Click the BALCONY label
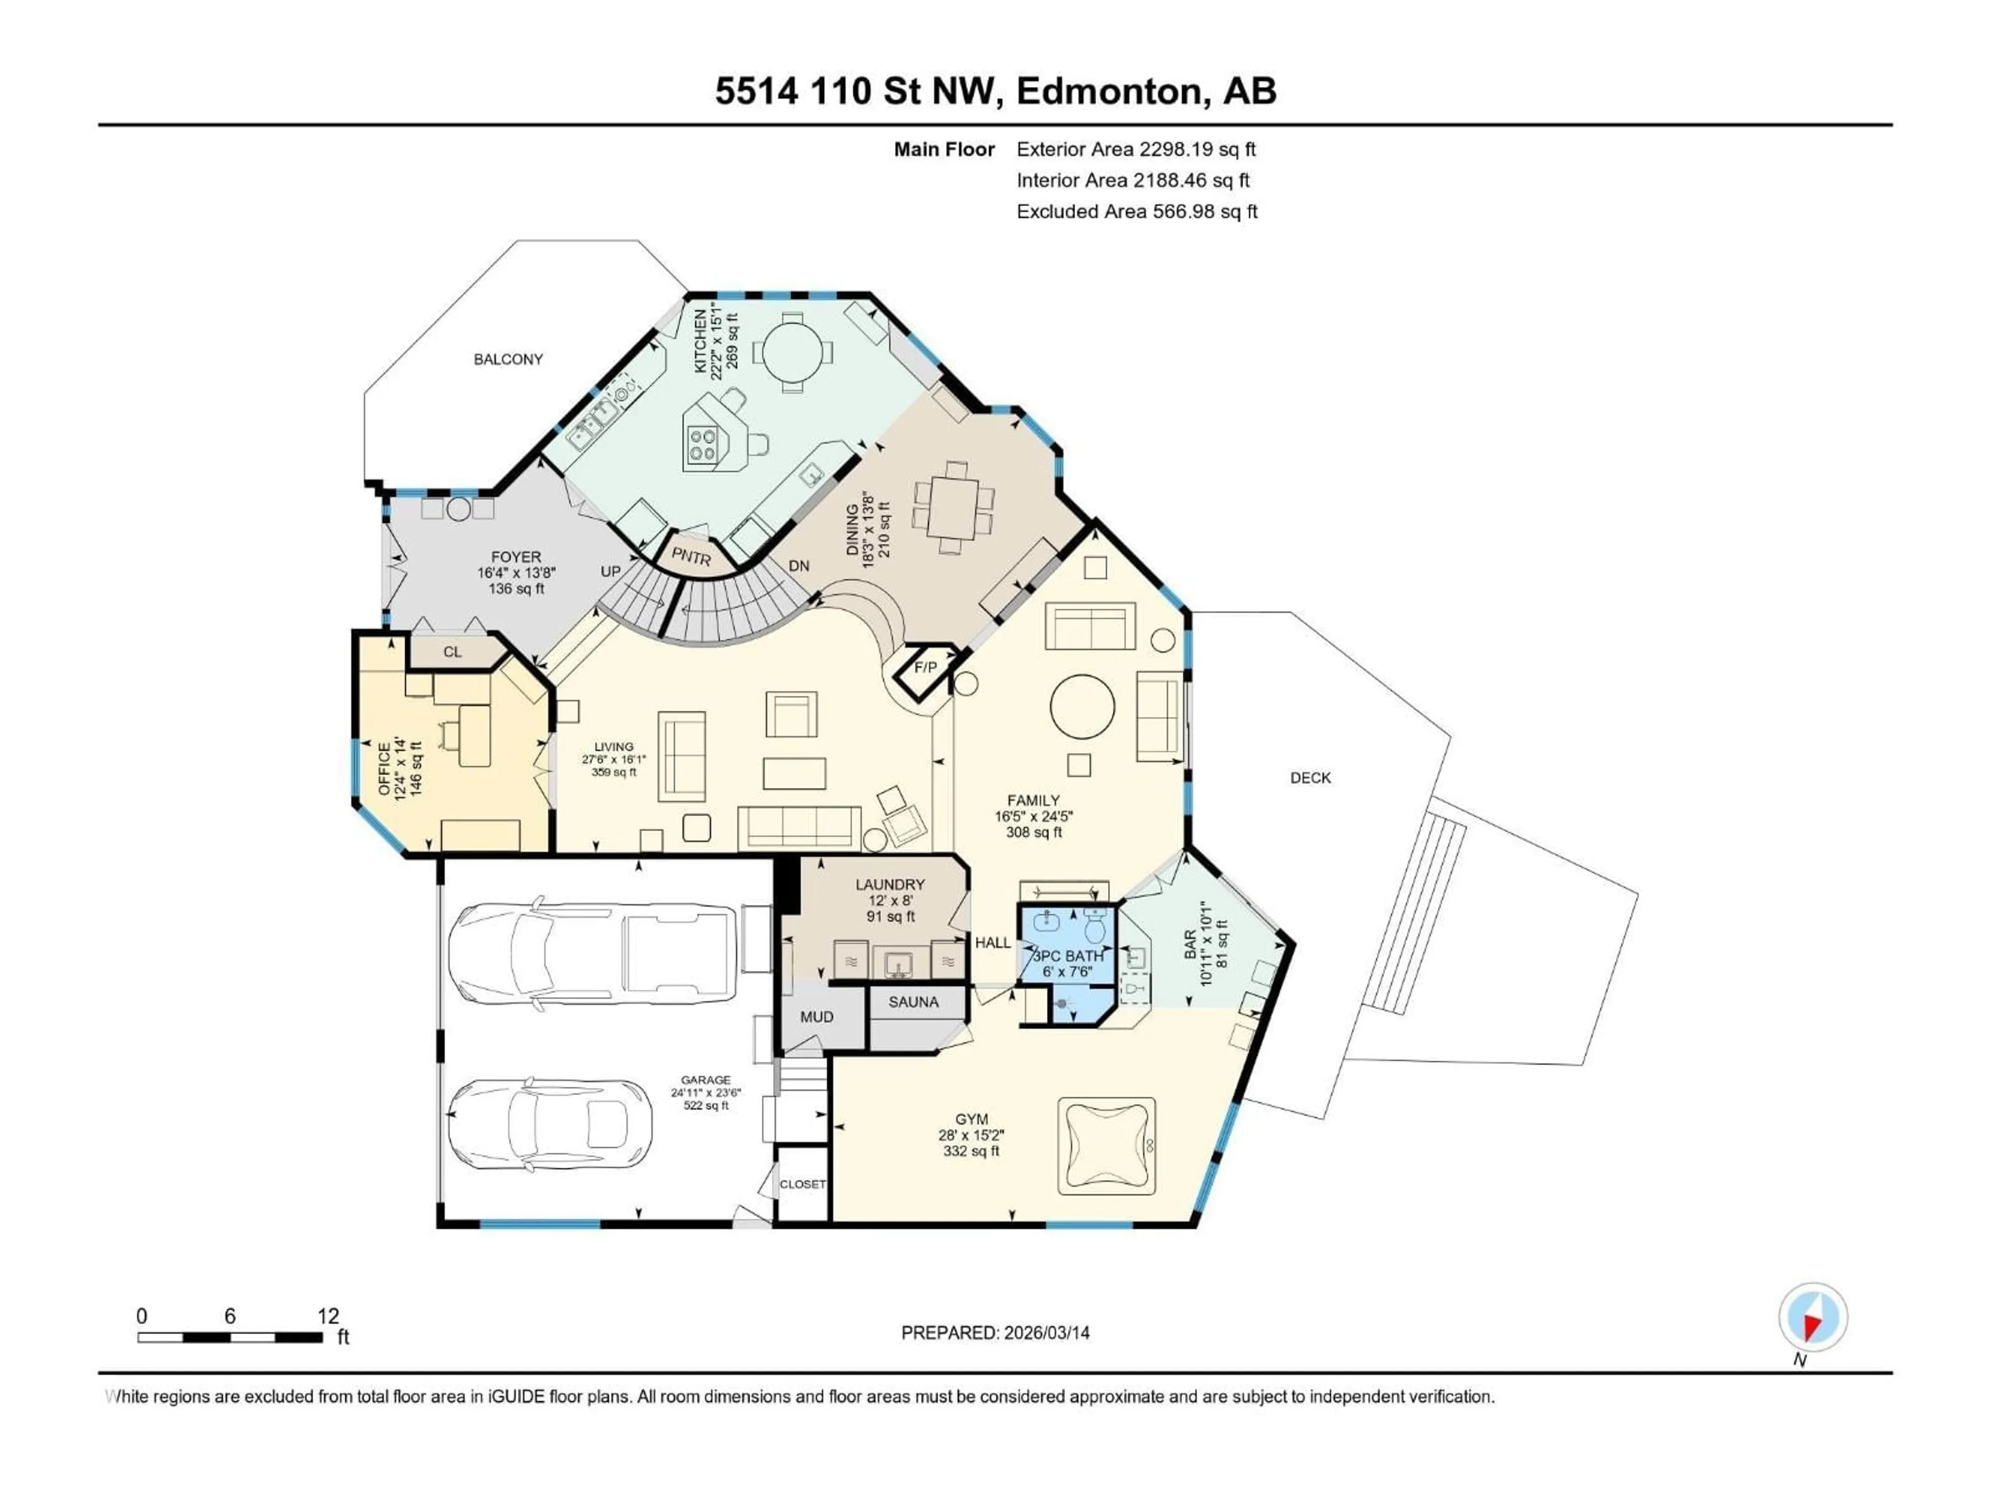(x=508, y=359)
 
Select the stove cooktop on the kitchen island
(x=702, y=443)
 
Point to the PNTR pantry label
(x=691, y=558)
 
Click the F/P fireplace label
(x=925, y=667)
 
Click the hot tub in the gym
(x=1107, y=1145)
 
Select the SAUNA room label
(x=913, y=1002)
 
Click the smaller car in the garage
(x=549, y=1123)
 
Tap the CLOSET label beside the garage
(x=801, y=1184)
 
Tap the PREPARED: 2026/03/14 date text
(x=995, y=1333)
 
